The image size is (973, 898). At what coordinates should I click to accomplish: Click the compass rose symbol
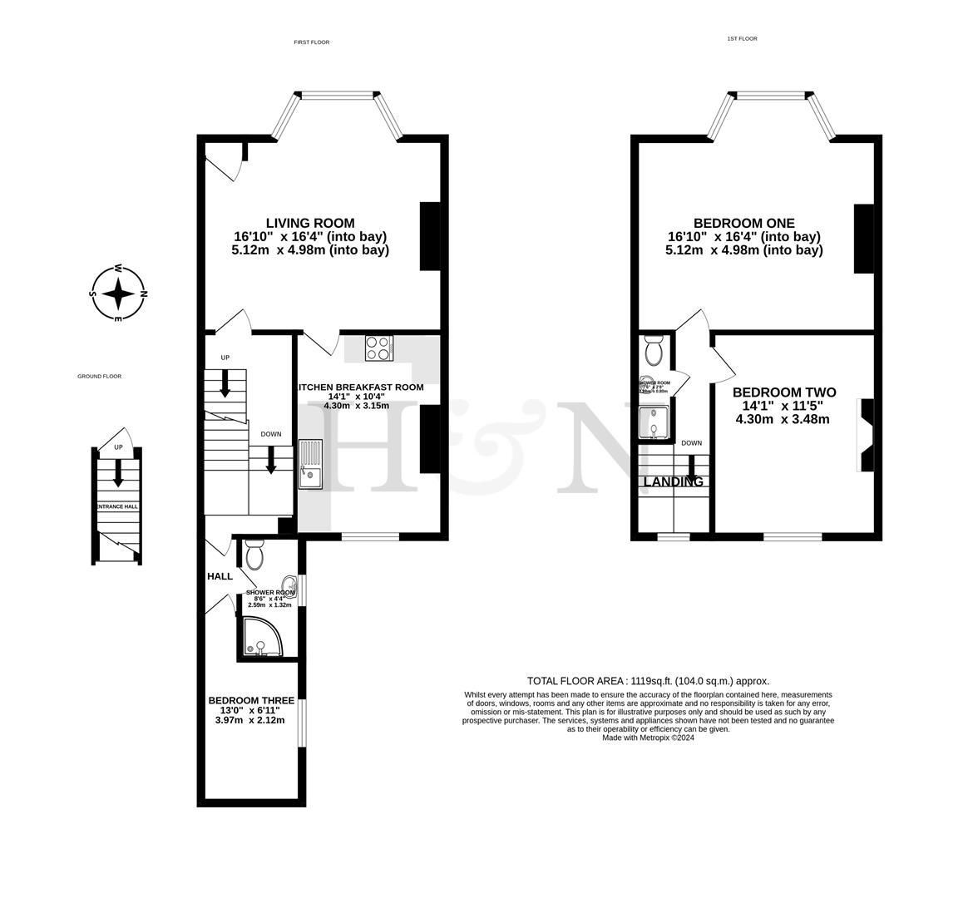pos(118,294)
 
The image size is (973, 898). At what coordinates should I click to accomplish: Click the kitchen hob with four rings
pos(379,348)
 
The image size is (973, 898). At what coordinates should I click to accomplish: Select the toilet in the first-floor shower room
pos(254,553)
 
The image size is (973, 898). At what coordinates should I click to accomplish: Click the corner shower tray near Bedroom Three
pos(262,636)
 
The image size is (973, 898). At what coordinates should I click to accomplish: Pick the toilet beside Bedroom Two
pos(654,351)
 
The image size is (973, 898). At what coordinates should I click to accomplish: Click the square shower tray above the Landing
pos(654,422)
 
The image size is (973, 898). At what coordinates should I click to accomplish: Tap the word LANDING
pos(674,481)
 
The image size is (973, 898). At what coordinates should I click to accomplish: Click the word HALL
pos(220,576)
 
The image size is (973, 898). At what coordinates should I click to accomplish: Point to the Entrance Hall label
pos(117,506)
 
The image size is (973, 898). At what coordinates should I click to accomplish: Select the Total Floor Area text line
pos(648,680)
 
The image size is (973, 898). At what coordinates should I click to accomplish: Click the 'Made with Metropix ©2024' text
pos(648,738)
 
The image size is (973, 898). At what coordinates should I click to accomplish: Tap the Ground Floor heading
pos(99,377)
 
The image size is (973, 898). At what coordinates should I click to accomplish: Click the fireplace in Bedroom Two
pos(867,435)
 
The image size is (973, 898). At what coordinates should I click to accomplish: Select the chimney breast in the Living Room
pos(430,236)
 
